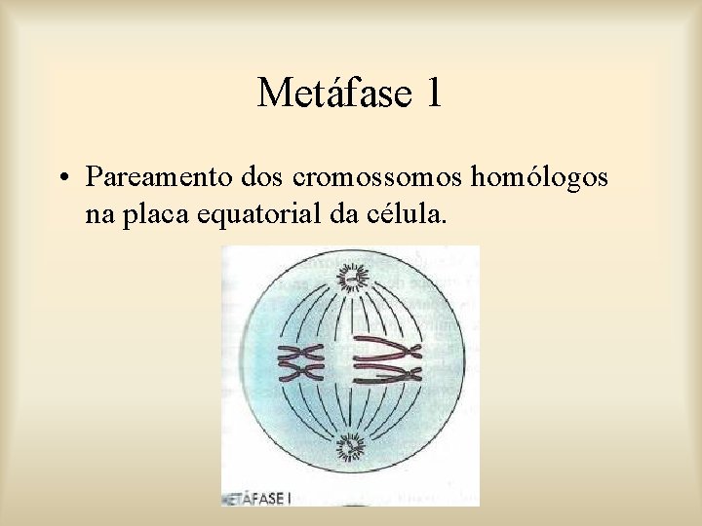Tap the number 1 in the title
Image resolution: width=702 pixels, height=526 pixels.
(x=433, y=94)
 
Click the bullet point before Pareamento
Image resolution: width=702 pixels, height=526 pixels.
(x=61, y=178)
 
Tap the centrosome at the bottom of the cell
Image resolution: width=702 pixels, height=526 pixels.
(x=348, y=449)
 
